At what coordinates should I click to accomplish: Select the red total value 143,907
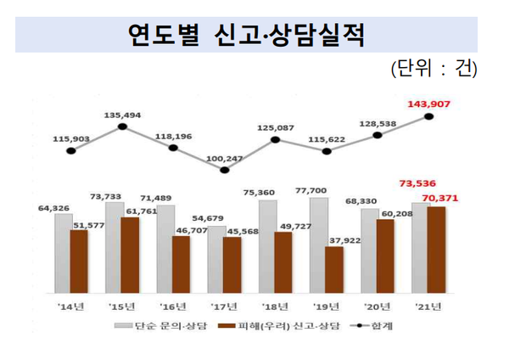[429, 105]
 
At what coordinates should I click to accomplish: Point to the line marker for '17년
[224, 170]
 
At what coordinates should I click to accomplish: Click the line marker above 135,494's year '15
[122, 127]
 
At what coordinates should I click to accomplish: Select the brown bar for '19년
[334, 269]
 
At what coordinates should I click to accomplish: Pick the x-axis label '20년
[377, 307]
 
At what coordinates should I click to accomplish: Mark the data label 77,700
[326, 191]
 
